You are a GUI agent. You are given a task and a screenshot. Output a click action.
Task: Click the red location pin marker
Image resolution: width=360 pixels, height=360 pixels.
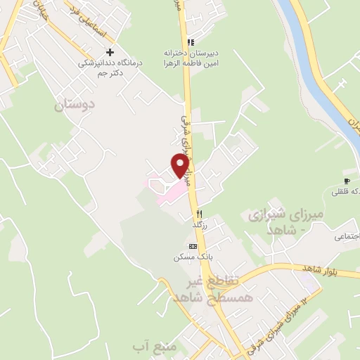click(x=181, y=165)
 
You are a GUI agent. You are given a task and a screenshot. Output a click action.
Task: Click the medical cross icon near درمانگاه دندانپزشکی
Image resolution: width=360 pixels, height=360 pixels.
click(x=109, y=52)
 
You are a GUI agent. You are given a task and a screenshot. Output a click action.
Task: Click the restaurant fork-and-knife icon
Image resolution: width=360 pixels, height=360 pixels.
click(x=200, y=212)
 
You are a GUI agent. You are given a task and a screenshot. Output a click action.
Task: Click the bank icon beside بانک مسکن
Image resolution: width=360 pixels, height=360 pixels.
click(x=193, y=247)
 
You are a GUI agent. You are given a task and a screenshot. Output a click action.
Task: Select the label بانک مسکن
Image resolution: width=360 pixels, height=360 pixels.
click(x=189, y=257)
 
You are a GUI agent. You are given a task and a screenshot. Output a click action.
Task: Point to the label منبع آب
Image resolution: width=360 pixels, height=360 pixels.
click(x=150, y=347)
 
